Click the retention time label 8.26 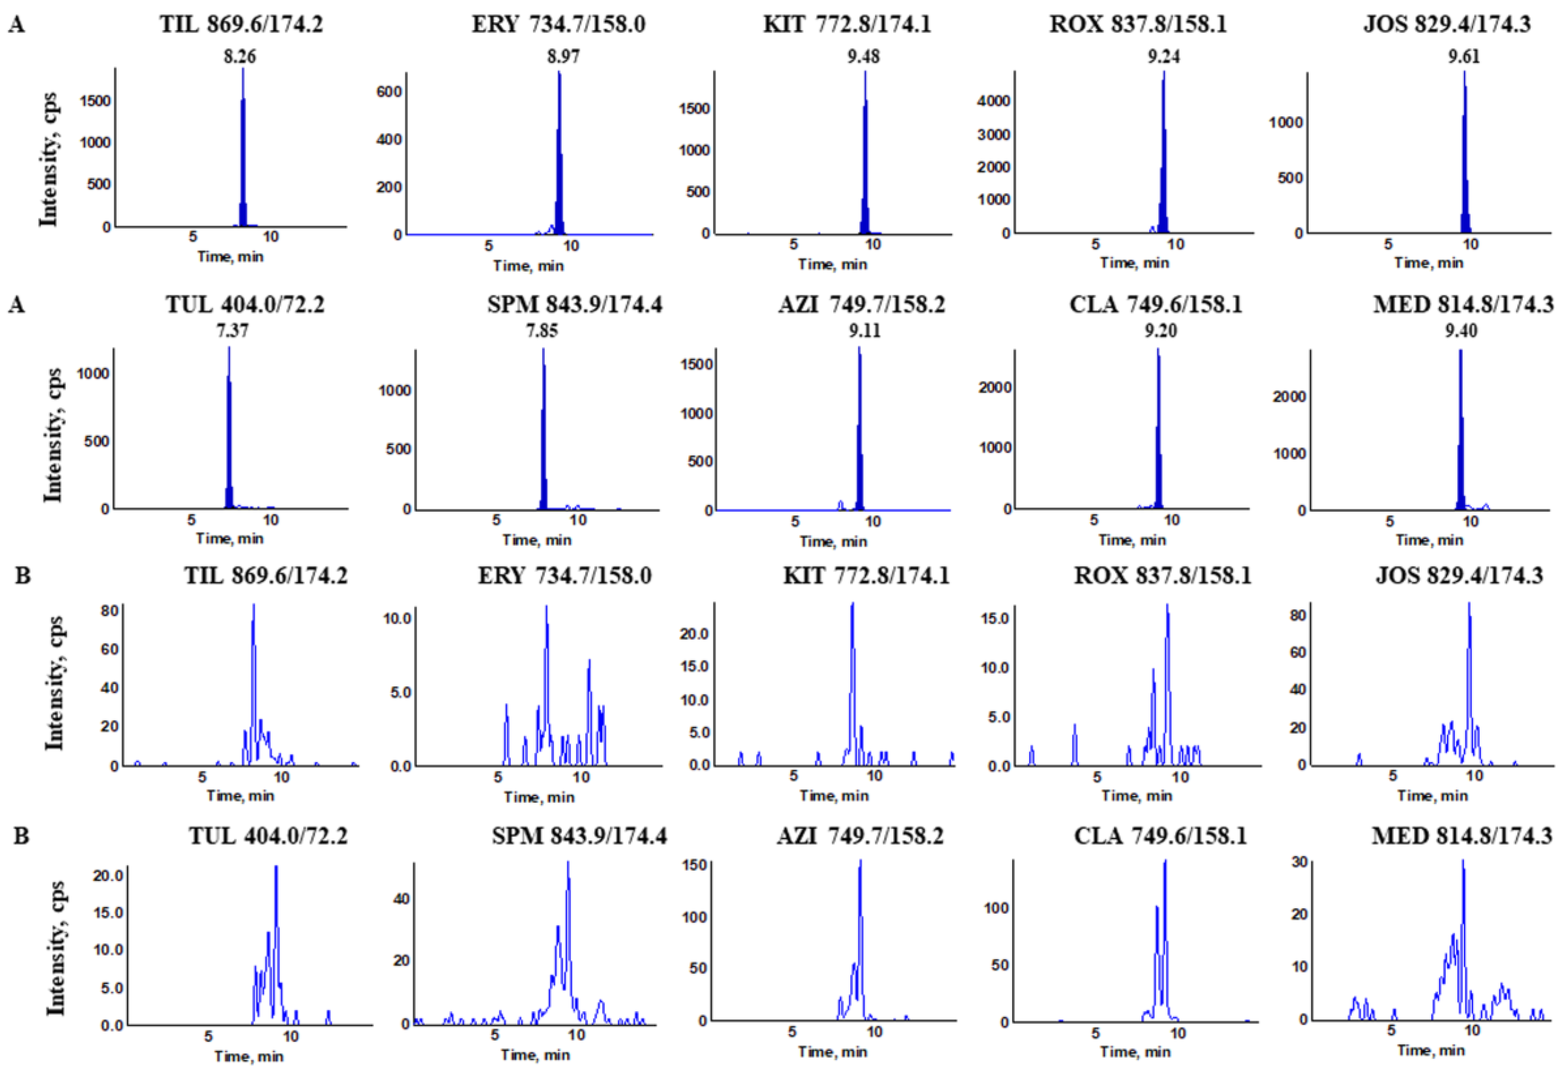tap(240, 56)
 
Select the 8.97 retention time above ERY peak tap(563, 56)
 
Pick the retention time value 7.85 tap(542, 331)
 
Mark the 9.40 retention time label tap(1461, 331)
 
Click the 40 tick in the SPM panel tap(401, 899)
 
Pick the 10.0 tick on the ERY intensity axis tap(397, 618)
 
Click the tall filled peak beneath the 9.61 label tap(1464, 155)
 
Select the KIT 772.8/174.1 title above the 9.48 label tap(847, 25)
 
